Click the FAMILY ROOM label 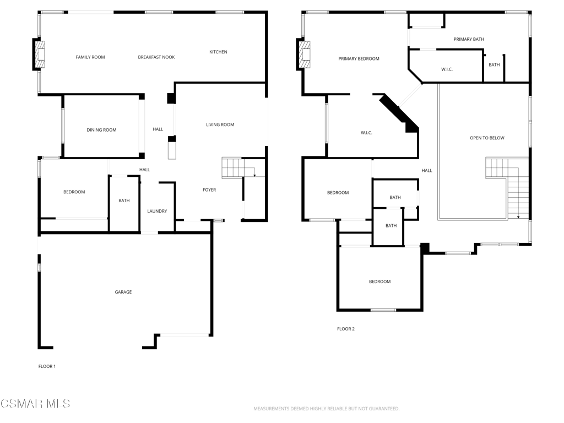[90, 57]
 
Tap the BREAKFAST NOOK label [156, 57]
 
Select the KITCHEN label [218, 52]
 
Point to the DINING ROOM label [102, 130]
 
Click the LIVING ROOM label [220, 125]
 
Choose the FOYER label [209, 190]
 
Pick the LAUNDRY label [157, 211]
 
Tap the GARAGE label [123, 292]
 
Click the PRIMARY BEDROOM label [359, 59]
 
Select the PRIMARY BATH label [469, 40]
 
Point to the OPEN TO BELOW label [487, 138]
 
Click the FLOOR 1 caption [47, 366]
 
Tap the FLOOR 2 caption [346, 329]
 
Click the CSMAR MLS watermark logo [35, 404]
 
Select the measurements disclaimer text [326, 409]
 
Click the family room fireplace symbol [40, 54]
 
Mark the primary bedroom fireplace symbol [305, 54]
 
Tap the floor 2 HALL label [427, 171]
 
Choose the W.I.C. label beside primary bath [447, 69]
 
